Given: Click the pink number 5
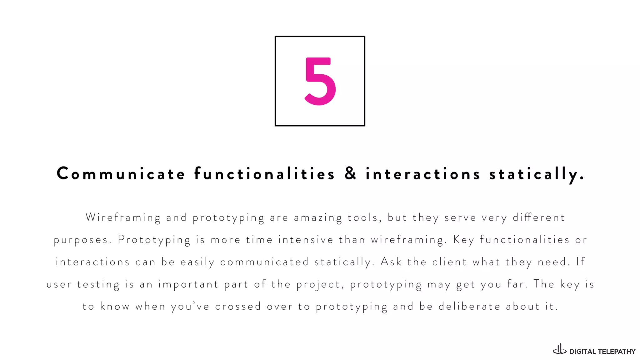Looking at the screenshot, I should [320, 81].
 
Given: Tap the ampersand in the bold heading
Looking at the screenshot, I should [350, 173].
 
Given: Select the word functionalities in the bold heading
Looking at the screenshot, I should [264, 174].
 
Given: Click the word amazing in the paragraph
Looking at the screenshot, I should [318, 218].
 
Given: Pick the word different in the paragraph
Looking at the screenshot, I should [539, 217].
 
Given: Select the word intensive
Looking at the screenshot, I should [306, 240].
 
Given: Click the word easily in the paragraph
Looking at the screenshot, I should [197, 262].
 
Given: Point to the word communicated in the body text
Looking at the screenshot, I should [264, 262].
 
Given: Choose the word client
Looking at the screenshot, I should [449, 262].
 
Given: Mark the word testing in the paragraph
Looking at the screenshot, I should [98, 284].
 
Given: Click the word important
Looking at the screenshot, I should [188, 284].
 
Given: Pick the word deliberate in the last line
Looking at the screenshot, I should [469, 307].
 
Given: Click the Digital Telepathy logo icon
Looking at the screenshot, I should [559, 349].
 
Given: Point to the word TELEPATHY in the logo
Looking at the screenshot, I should [617, 352].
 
